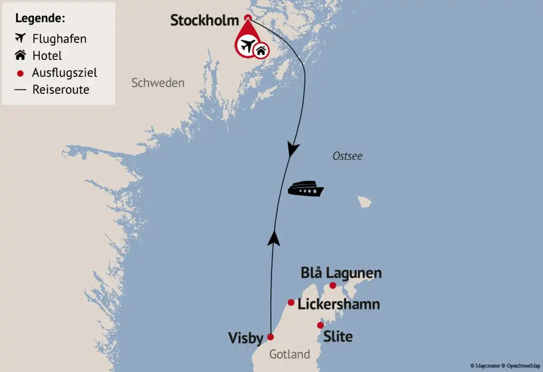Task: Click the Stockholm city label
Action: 204,20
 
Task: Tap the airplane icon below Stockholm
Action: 246,47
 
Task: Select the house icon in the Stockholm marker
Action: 261,50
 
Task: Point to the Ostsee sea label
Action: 347,156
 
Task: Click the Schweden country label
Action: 158,83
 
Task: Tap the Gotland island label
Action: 290,354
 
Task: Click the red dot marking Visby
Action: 271,337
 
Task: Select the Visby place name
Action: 245,338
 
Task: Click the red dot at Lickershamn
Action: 291,302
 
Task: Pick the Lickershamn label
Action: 339,304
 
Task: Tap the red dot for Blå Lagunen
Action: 333,285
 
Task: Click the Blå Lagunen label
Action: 341,273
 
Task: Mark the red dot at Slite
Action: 321,325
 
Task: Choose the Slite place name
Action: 338,337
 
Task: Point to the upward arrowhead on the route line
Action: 273,238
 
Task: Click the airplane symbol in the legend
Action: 20,38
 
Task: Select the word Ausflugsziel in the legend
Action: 64,73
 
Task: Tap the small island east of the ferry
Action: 365,201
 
